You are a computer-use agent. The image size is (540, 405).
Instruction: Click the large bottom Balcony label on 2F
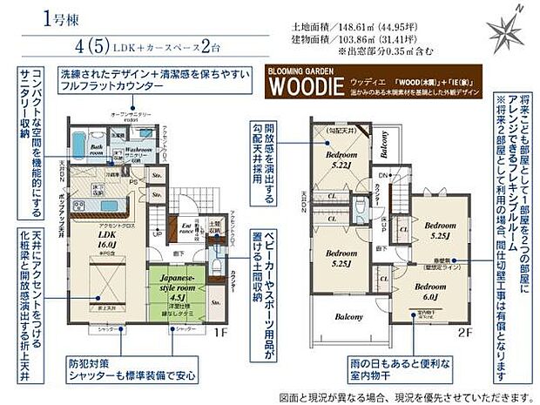(x=349, y=317)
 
